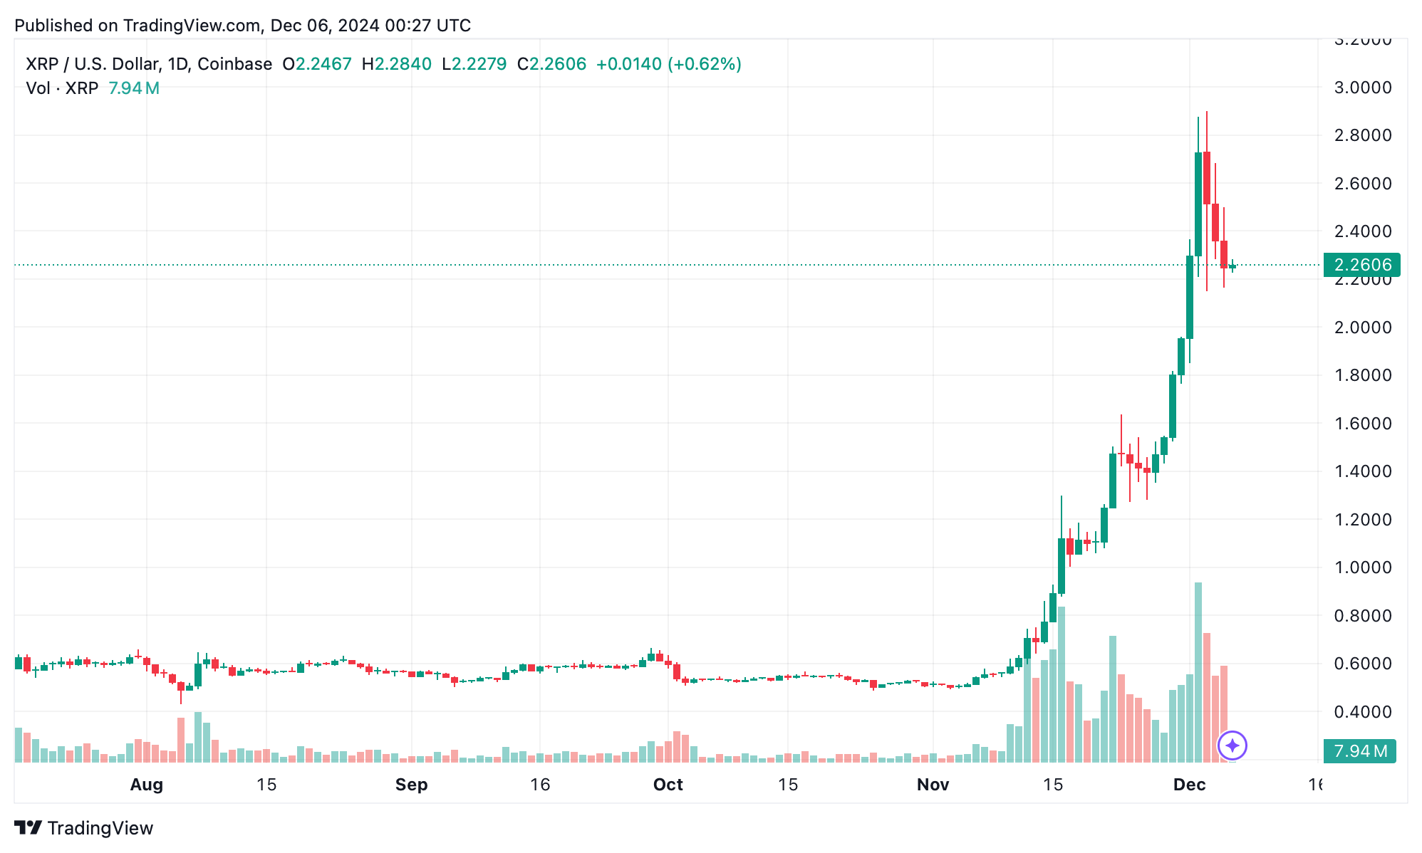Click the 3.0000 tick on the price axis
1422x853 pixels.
[1362, 88]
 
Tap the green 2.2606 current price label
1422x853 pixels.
[1361, 265]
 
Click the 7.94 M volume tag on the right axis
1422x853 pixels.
[1359, 751]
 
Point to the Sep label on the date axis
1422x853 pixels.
[411, 785]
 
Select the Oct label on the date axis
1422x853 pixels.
[668, 785]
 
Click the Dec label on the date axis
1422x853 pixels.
[1189, 785]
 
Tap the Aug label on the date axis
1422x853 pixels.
[147, 785]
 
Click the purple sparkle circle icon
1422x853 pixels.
[1232, 745]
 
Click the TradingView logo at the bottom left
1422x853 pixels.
[84, 828]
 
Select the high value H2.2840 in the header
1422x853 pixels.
[396, 64]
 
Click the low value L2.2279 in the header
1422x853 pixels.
[474, 64]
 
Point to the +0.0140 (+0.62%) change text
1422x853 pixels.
[668, 64]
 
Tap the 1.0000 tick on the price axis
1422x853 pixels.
[1362, 567]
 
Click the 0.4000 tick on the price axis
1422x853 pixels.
[1362, 711]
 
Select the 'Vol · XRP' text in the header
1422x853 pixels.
[62, 88]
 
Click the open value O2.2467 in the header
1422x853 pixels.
[317, 64]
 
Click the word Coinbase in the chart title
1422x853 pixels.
[234, 64]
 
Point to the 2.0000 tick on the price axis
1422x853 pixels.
[1362, 328]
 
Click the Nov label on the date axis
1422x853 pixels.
[933, 785]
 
